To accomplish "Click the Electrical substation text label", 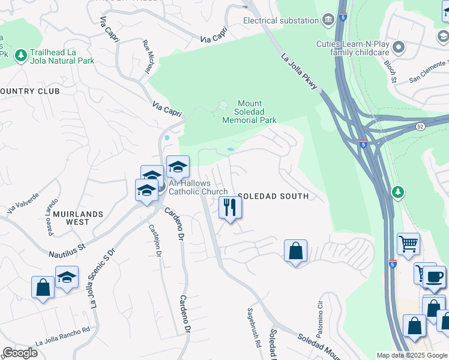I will pyautogui.click(x=280, y=20).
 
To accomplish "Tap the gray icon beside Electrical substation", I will pyautogui.click(x=328, y=20).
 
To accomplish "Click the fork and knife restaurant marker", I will pyautogui.click(x=230, y=208).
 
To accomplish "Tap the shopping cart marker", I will pyautogui.click(x=408, y=244).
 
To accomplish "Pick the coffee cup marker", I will pyautogui.click(x=435, y=277).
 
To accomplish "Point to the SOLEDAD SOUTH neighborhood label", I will pyautogui.click(x=273, y=196).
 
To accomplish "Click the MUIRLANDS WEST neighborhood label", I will pyautogui.click(x=78, y=218).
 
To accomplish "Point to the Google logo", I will pyautogui.click(x=20, y=353).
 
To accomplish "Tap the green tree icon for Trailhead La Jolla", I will pyautogui.click(x=21, y=55).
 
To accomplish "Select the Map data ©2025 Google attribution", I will pyautogui.click(x=412, y=355).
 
